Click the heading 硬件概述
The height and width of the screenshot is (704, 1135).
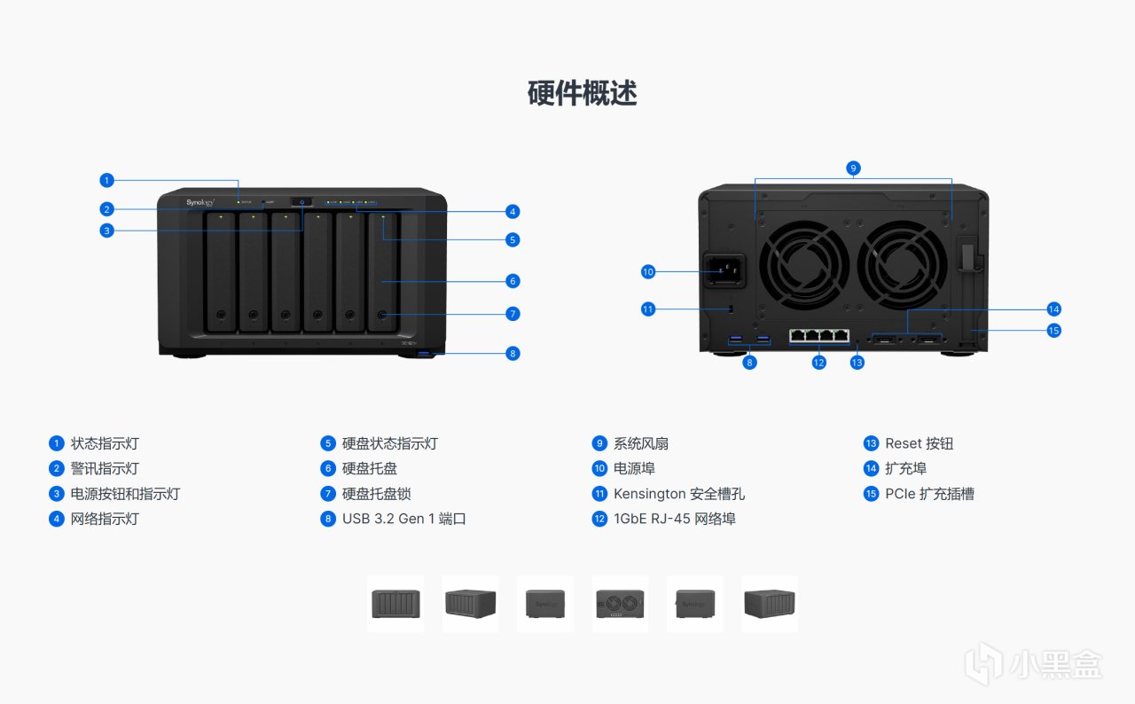[583, 93]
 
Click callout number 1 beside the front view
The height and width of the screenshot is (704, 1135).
[106, 180]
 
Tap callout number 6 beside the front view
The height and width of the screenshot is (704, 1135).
[513, 281]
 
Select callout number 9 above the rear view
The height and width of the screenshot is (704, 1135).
[853, 168]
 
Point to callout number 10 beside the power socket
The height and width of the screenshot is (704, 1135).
[648, 271]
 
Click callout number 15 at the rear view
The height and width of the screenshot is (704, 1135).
[1053, 331]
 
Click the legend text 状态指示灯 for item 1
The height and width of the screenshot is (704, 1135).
[105, 443]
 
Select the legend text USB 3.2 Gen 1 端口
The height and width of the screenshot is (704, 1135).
[403, 519]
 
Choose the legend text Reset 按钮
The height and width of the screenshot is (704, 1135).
[919, 443]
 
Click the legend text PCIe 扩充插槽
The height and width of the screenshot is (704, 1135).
[929, 494]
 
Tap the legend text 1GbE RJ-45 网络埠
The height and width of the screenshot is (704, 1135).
[674, 519]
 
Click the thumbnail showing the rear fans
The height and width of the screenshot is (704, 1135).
[621, 604]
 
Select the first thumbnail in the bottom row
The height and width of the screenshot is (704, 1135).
[395, 604]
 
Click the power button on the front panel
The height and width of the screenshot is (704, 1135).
[302, 202]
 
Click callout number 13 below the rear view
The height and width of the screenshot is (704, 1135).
[857, 362]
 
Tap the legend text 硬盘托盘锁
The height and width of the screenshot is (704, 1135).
[376, 494]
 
